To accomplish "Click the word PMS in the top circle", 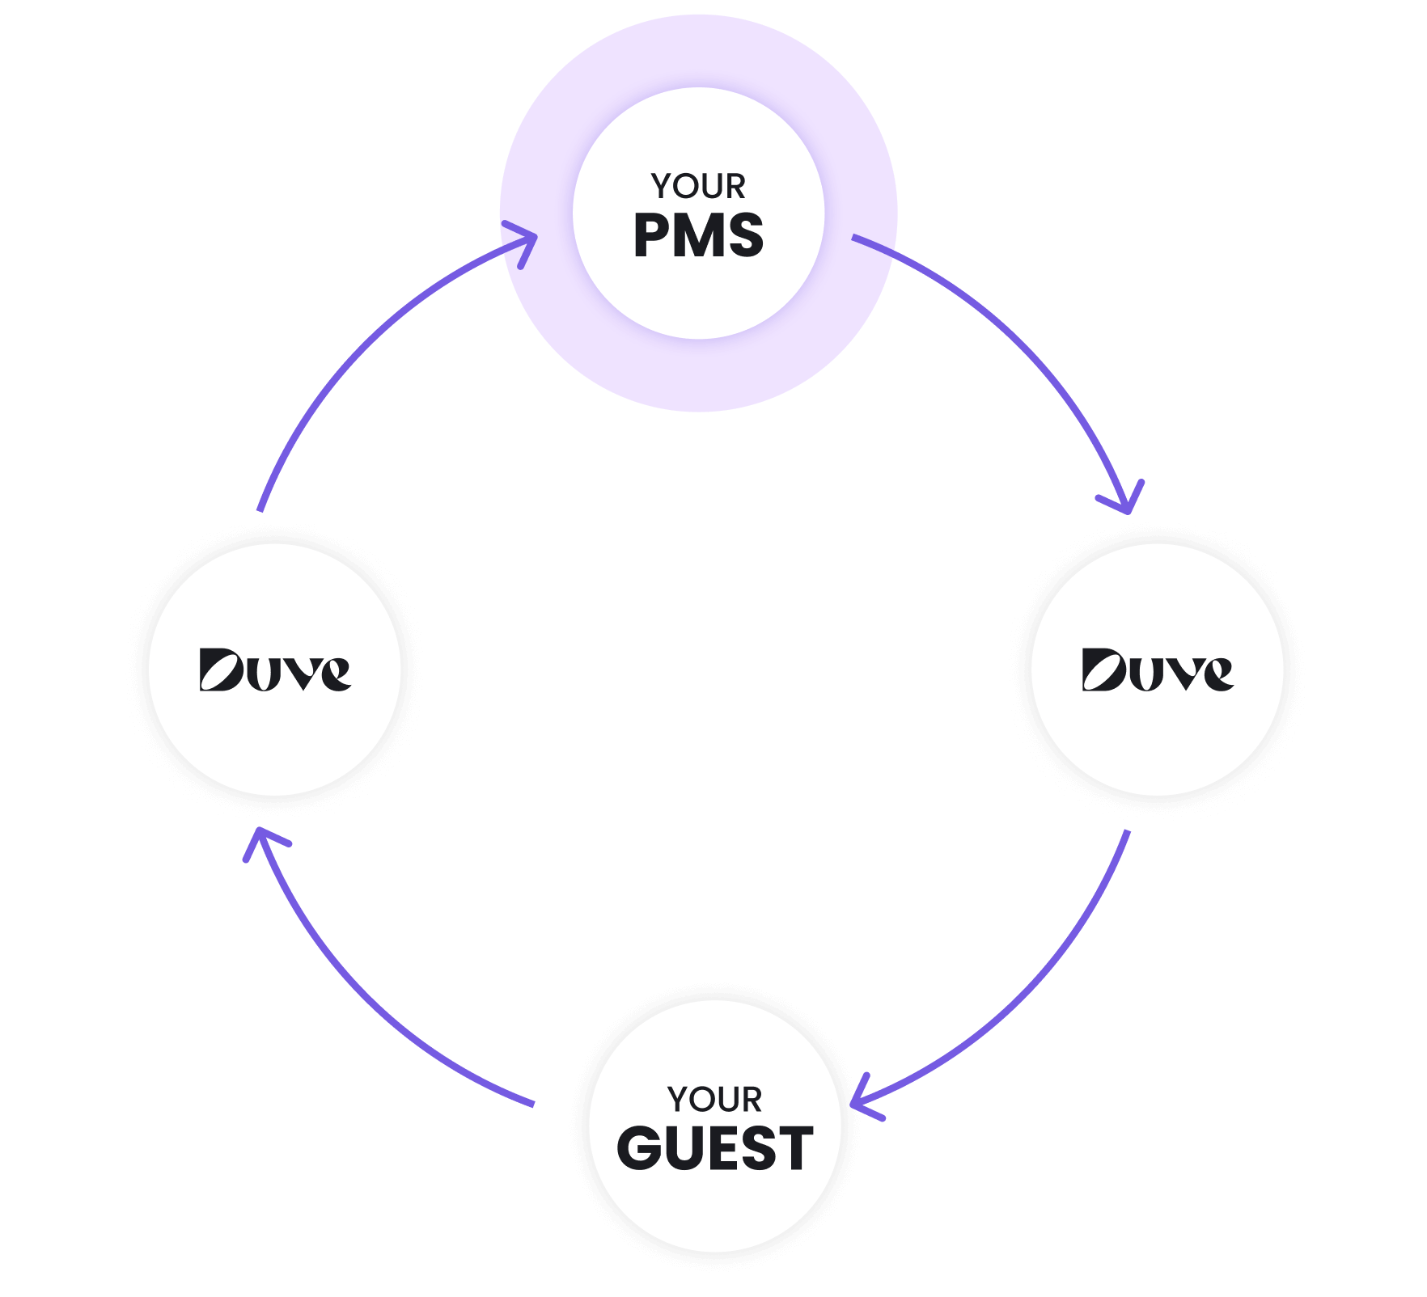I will coord(698,236).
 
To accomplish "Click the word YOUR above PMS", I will coord(698,187).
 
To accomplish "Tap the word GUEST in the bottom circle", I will coord(715,1148).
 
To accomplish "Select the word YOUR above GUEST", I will coord(715,1100).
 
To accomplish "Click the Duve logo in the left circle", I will coord(275,670).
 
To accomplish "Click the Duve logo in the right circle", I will coord(1158,670).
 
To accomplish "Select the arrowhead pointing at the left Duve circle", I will coord(260,841).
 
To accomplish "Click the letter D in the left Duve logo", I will coord(221,670).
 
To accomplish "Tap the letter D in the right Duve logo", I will coord(1103,670).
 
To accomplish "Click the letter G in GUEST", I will coord(642,1148).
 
